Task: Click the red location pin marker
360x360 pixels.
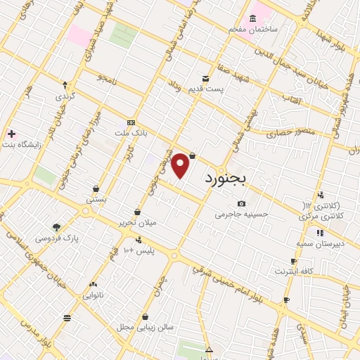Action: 181,165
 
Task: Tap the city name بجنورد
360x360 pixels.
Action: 226,179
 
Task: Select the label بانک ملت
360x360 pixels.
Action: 131,131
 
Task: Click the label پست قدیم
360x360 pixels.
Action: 205,88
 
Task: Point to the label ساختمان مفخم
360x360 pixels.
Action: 253,29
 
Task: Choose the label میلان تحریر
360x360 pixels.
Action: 139,222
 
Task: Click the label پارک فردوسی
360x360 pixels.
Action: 56,238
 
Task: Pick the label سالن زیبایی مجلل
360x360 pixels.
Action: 145,328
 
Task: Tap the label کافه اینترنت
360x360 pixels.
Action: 294,270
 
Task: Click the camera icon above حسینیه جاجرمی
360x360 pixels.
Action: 241,204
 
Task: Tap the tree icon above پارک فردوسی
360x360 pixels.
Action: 57,227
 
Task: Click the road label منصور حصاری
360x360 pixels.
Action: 289,131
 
